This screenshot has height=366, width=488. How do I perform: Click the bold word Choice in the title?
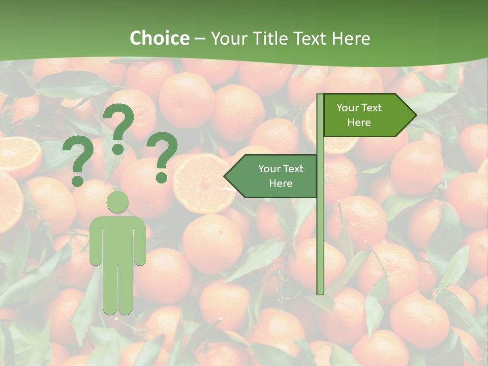pyautogui.click(x=159, y=39)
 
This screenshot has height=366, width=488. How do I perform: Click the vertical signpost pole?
pyautogui.click(x=320, y=229)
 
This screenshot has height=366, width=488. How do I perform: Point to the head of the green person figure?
pyautogui.click(x=117, y=201)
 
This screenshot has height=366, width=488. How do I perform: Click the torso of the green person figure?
pyautogui.click(x=117, y=239)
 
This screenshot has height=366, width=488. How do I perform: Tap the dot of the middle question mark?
pyautogui.click(x=118, y=148)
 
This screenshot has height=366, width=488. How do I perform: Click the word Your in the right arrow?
pyautogui.click(x=348, y=108)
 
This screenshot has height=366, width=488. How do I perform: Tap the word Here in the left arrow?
pyautogui.click(x=281, y=184)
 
